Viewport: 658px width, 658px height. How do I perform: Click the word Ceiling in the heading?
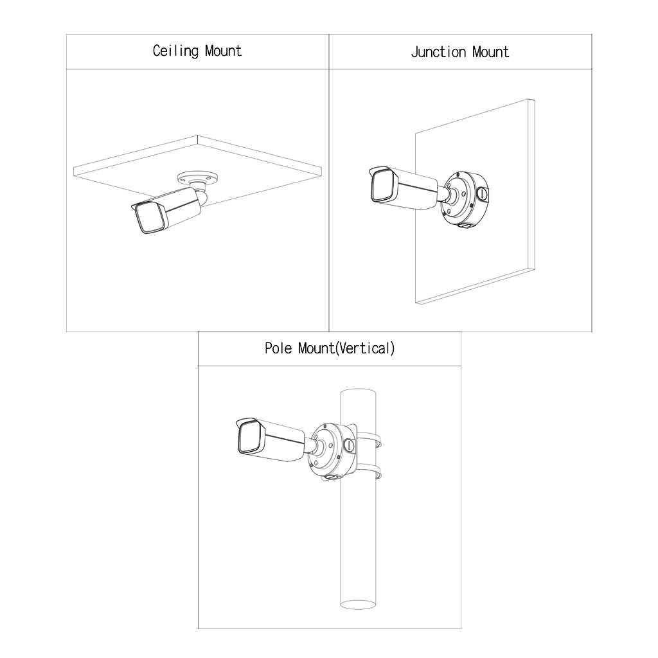pos(175,51)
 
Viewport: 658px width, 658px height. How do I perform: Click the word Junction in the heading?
pos(438,52)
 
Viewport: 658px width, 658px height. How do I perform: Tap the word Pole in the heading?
pos(278,348)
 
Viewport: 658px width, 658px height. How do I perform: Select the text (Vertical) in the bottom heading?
pos(365,348)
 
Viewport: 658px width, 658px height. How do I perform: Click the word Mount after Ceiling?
pos(223,51)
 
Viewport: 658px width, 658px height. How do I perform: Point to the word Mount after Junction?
pos(490,52)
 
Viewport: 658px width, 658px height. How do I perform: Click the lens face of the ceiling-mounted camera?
pos(148,220)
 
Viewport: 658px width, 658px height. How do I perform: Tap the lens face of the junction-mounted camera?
pos(381,186)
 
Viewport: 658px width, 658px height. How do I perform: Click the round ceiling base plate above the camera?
pos(198,177)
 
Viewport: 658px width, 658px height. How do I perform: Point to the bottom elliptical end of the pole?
pos(358,604)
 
